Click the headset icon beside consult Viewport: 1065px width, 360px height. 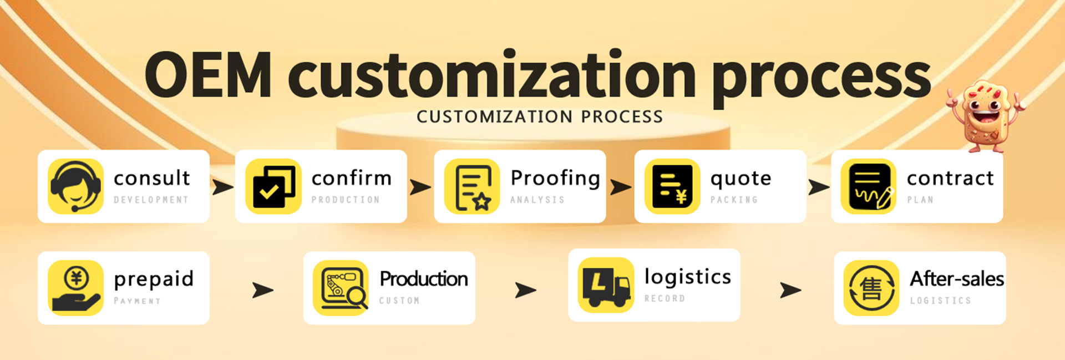[x=75, y=186]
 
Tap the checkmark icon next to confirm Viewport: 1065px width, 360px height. [x=273, y=186]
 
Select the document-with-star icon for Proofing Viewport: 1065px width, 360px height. [x=472, y=186]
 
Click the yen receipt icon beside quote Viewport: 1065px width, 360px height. [x=672, y=186]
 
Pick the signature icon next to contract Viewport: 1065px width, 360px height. [x=869, y=186]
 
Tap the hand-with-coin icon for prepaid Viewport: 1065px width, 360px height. [x=75, y=288]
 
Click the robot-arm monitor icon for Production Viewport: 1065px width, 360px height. [x=341, y=288]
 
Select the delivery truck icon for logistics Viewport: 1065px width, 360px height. [x=606, y=285]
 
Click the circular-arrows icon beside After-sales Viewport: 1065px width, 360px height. [x=871, y=288]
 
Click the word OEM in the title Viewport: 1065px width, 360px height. [x=209, y=75]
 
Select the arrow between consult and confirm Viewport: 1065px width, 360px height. [x=222, y=187]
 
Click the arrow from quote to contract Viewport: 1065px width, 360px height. [x=818, y=187]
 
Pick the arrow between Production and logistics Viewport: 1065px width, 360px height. [x=525, y=290]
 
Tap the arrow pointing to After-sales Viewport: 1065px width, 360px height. [x=790, y=290]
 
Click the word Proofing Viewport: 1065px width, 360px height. [x=555, y=179]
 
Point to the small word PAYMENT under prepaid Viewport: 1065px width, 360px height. [x=137, y=301]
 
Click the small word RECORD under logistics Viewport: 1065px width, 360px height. [x=665, y=298]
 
